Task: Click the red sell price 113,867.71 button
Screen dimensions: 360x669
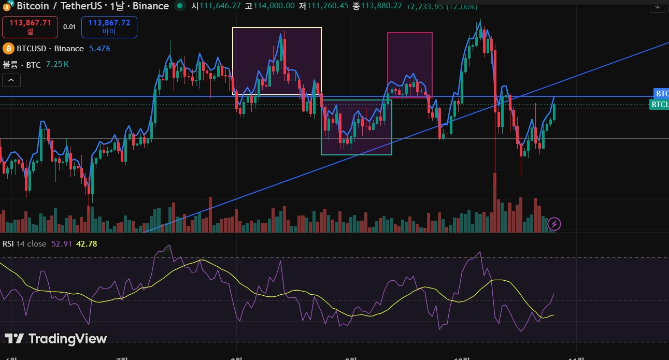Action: pyautogui.click(x=30, y=26)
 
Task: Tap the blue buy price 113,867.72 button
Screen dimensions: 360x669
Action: pyautogui.click(x=109, y=26)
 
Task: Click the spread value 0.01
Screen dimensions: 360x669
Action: pyautogui.click(x=69, y=27)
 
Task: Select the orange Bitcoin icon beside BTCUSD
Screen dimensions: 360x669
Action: pyautogui.click(x=8, y=49)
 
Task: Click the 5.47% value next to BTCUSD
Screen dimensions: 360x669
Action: pyautogui.click(x=99, y=49)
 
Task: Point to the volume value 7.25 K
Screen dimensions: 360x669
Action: pyautogui.click(x=57, y=64)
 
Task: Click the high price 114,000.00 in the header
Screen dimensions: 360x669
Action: pyautogui.click(x=274, y=6)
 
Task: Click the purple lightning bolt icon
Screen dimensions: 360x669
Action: pyautogui.click(x=554, y=224)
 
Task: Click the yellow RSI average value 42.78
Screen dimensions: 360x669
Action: pyautogui.click(x=87, y=243)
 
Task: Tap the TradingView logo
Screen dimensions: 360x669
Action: pyautogui.click(x=55, y=339)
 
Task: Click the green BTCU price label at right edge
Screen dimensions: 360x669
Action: pyautogui.click(x=659, y=104)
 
